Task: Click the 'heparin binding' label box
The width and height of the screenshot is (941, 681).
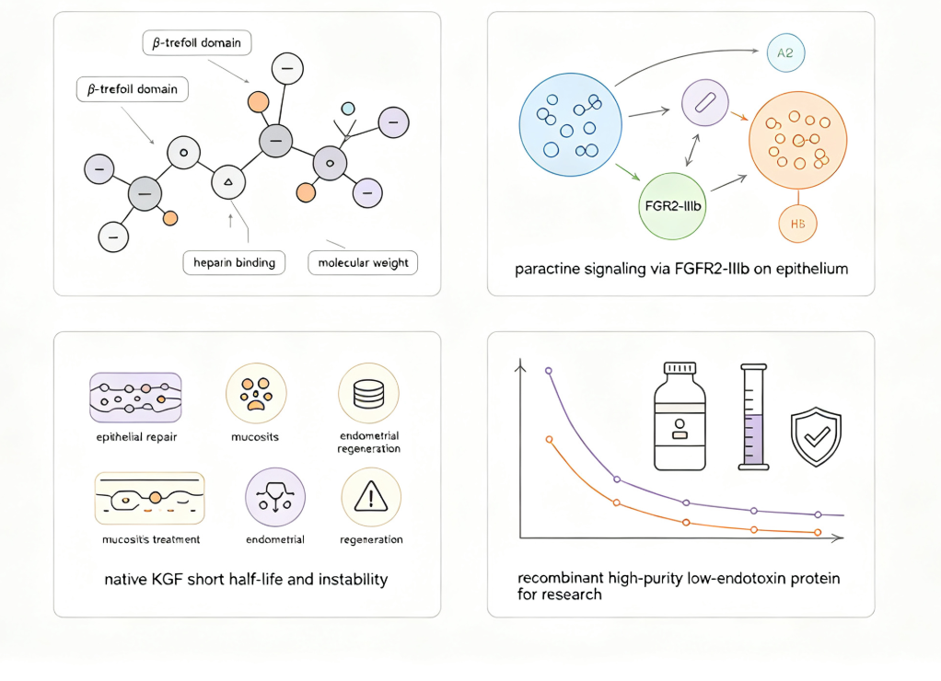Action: click(234, 263)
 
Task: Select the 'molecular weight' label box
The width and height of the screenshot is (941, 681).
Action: click(363, 263)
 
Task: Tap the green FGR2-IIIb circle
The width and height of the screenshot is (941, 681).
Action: click(672, 206)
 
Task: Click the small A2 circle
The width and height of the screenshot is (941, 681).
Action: click(785, 52)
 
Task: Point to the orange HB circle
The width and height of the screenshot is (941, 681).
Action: click(797, 224)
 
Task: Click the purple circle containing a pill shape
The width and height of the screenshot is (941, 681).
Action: click(705, 102)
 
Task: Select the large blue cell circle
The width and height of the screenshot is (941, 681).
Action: click(570, 125)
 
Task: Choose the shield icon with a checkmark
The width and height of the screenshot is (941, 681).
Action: click(816, 436)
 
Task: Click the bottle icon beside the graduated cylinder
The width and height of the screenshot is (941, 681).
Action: click(680, 416)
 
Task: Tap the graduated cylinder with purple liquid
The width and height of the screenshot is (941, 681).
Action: click(754, 416)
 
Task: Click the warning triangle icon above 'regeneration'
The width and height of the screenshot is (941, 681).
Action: click(371, 497)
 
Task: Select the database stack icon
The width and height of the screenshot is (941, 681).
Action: click(368, 393)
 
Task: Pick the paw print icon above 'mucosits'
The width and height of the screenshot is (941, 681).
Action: click(256, 393)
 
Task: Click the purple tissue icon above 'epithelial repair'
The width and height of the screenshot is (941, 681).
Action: click(135, 398)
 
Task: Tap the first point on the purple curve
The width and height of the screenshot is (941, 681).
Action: click(549, 371)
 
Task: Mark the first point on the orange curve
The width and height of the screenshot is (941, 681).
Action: click(549, 440)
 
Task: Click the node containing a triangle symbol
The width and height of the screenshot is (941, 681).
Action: click(228, 181)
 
